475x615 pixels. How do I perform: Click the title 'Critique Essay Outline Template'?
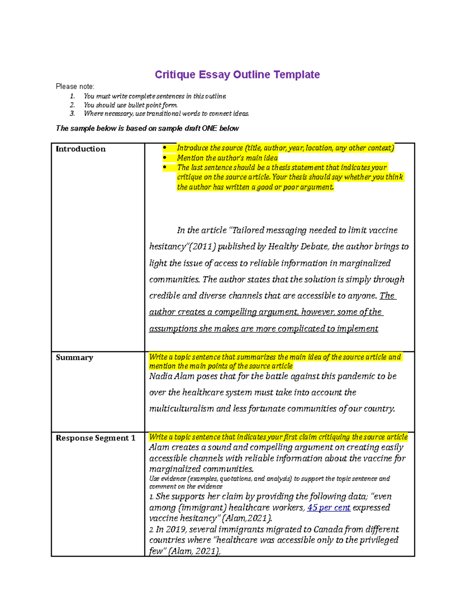tap(237, 74)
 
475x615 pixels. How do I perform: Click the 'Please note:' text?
tap(75, 86)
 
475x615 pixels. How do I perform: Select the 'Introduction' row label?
tap(81, 149)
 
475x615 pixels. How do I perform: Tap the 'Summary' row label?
tap(74, 358)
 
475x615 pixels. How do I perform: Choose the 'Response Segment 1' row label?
tap(95, 438)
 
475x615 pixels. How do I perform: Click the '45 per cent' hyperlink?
tap(329, 508)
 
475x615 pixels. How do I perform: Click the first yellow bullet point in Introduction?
tap(165, 148)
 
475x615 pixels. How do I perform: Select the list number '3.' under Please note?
tap(72, 114)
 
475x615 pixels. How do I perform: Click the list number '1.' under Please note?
tap(72, 96)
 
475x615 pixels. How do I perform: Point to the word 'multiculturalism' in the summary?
tap(181, 409)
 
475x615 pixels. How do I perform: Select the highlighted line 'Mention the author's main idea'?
tap(227, 158)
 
